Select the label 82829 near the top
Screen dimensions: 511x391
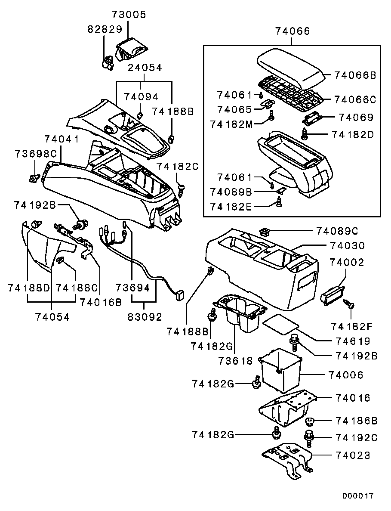coord(104,29)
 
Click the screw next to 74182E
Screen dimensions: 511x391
coord(278,201)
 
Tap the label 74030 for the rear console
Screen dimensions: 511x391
coord(347,246)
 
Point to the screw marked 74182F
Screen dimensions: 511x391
coord(349,305)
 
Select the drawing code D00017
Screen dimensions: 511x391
coord(358,496)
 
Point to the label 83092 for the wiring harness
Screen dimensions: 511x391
coord(145,317)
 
